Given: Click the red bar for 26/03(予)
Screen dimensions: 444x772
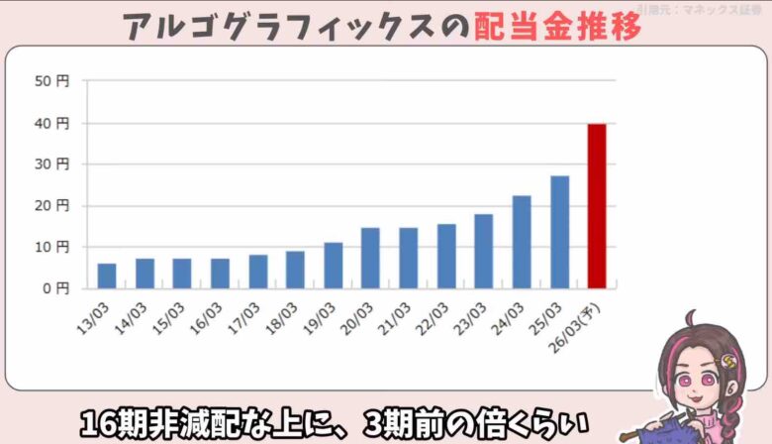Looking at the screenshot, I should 597,206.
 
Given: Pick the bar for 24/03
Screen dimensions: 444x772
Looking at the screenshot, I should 522,242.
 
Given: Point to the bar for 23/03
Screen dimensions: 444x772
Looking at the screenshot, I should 484,251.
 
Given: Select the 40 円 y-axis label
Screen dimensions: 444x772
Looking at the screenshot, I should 51,123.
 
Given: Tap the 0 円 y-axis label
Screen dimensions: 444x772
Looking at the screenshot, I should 55,288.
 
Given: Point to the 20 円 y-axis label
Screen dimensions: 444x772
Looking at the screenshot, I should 51,205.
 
